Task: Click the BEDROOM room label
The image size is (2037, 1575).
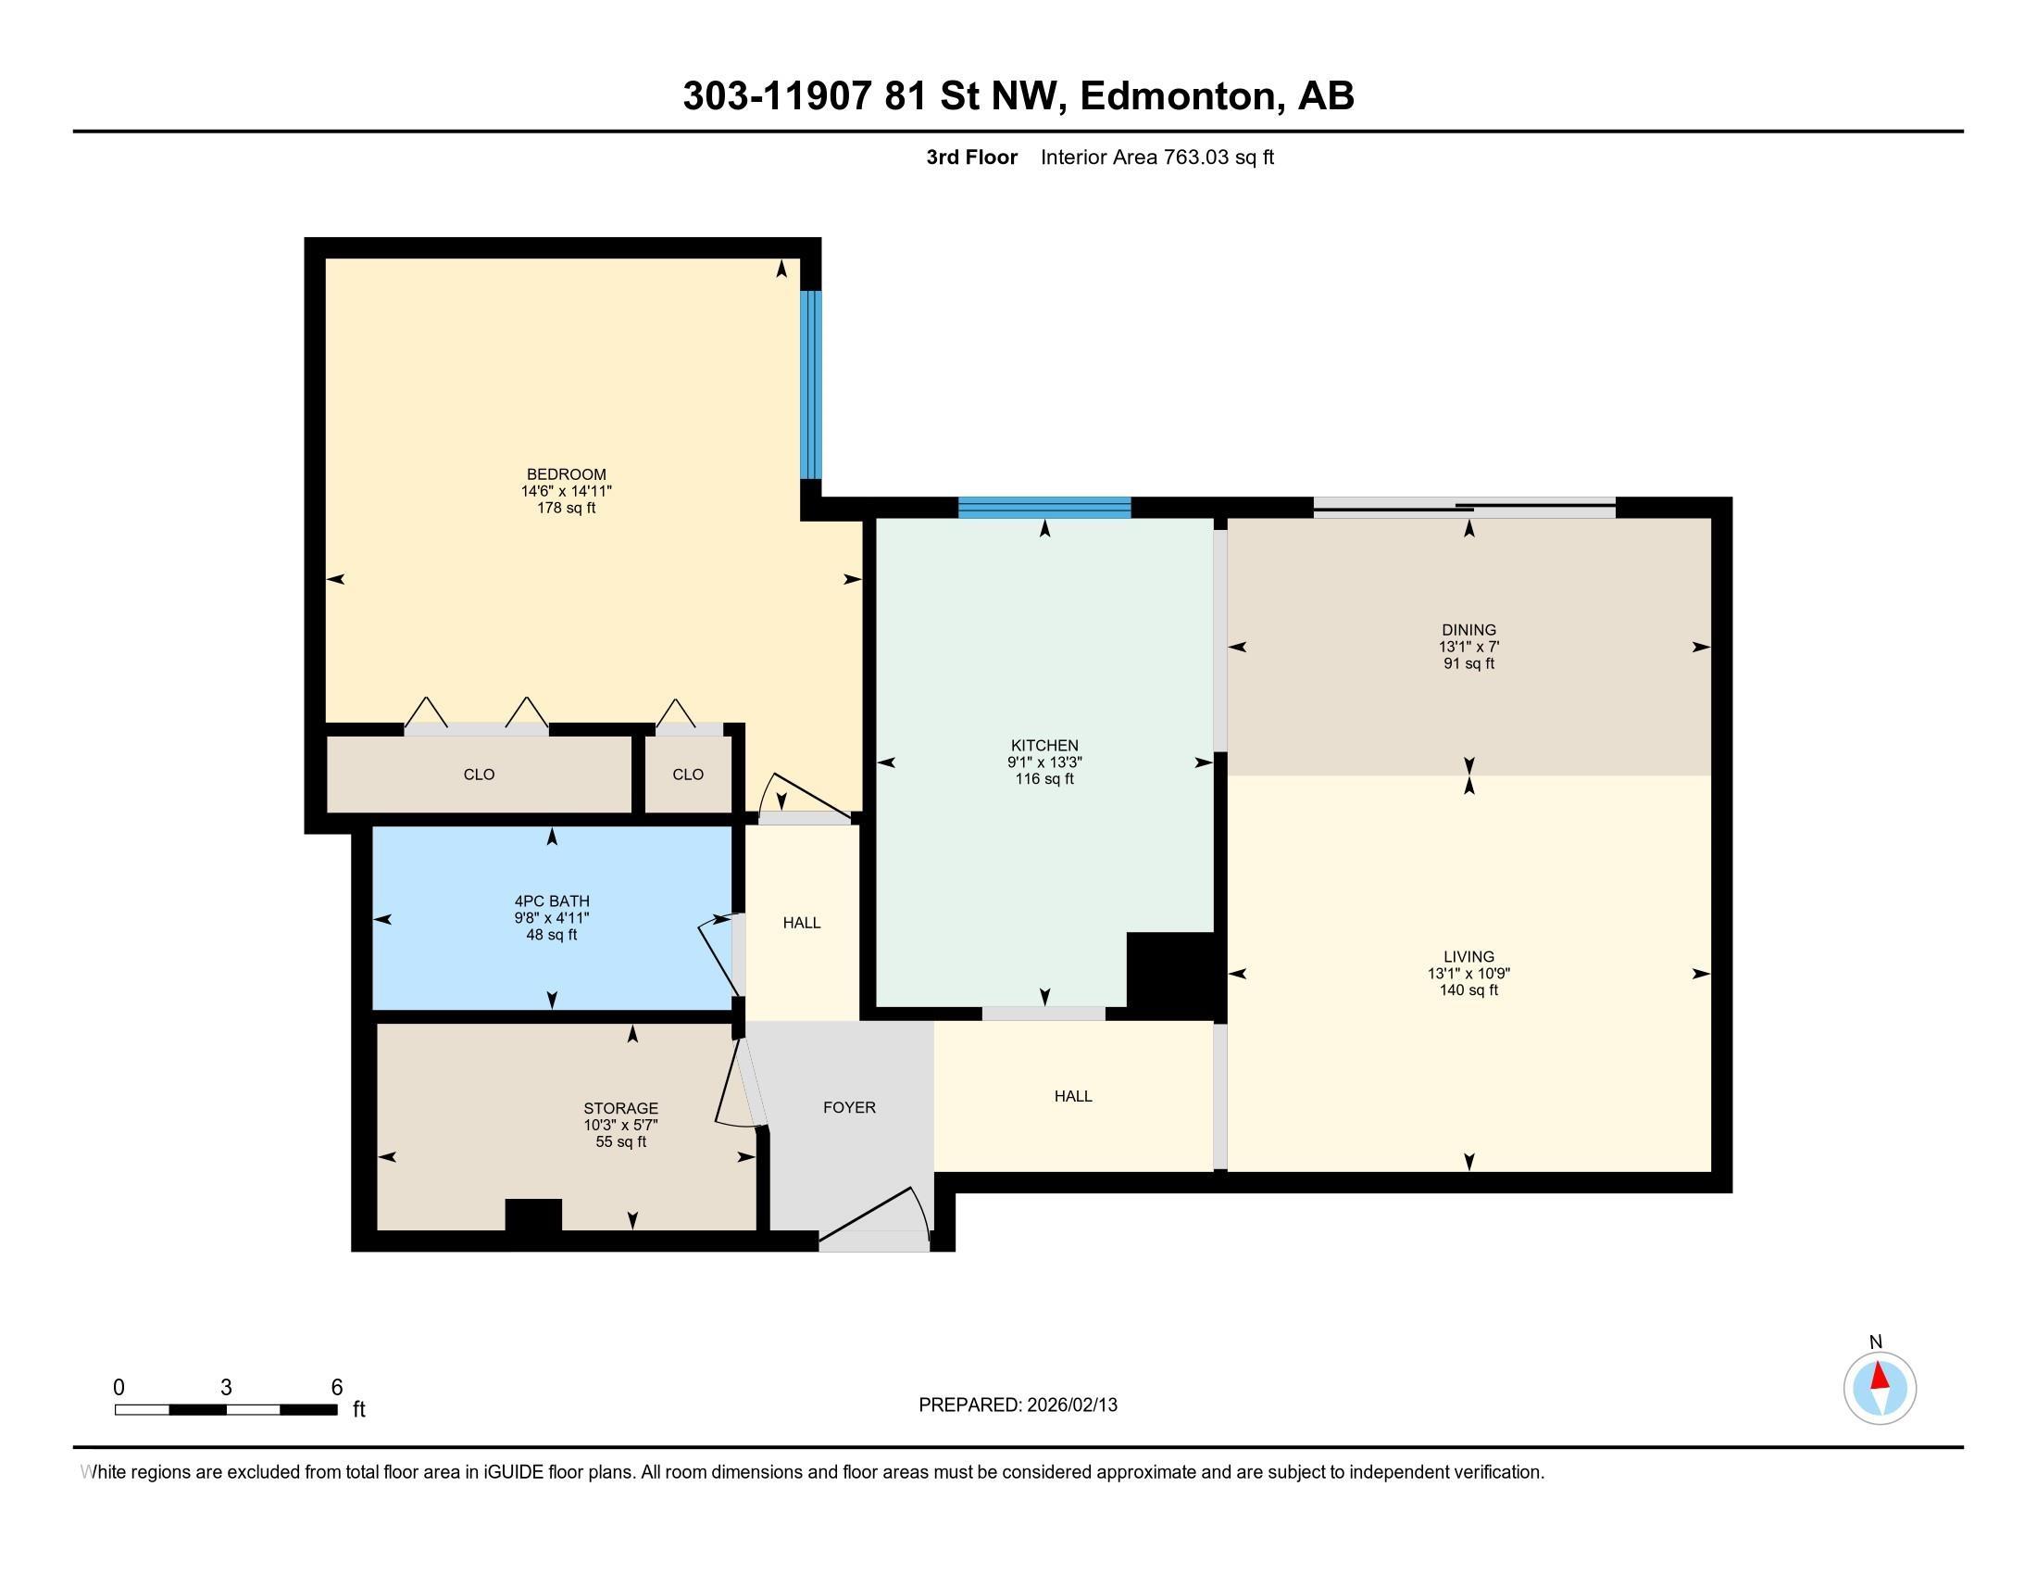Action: (x=566, y=474)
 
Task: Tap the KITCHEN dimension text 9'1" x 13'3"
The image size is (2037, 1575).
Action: (x=1043, y=762)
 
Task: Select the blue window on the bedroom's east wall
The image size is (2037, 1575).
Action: (x=811, y=384)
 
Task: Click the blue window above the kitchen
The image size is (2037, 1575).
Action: (x=1043, y=508)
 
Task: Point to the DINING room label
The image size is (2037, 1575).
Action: (x=1468, y=630)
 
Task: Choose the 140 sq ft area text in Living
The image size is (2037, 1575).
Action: (x=1468, y=990)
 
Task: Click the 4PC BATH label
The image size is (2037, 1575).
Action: (x=551, y=901)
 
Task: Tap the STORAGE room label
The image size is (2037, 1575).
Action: (x=620, y=1108)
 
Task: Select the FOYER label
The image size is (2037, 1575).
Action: (x=849, y=1107)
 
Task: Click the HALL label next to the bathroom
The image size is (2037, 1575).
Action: (x=801, y=923)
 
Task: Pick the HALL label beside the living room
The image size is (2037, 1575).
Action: (x=1072, y=1096)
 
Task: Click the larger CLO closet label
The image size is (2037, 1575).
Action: (x=479, y=775)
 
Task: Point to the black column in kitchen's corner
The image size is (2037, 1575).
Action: (x=1170, y=970)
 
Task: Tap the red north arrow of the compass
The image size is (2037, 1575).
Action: (x=1880, y=1376)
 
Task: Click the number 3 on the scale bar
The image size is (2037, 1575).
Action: (x=226, y=1388)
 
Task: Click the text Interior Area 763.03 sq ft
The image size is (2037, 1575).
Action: (x=1156, y=157)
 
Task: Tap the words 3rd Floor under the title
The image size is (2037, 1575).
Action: (x=971, y=157)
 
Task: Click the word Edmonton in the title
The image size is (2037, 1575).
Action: (x=1177, y=96)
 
